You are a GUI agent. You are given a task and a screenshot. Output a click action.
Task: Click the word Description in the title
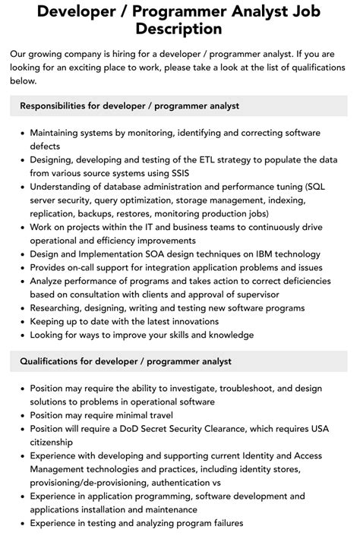point(180,29)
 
